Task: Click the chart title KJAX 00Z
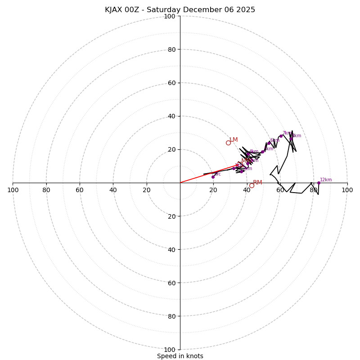click(180, 10)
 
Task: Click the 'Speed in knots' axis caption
click(180, 356)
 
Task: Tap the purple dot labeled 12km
click(319, 183)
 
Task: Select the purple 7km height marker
click(281, 136)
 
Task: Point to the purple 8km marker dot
click(291, 139)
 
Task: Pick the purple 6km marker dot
click(269, 143)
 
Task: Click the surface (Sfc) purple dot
click(213, 177)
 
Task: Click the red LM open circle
click(228, 143)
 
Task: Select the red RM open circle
click(252, 185)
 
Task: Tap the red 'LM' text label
click(234, 139)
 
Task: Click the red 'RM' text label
click(257, 182)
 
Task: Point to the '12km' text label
click(326, 180)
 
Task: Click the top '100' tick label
click(169, 16)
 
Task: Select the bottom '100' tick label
click(169, 350)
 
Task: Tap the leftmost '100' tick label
click(13, 190)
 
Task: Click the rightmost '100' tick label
click(347, 190)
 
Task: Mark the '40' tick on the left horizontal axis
click(113, 190)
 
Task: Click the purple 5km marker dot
click(262, 152)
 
